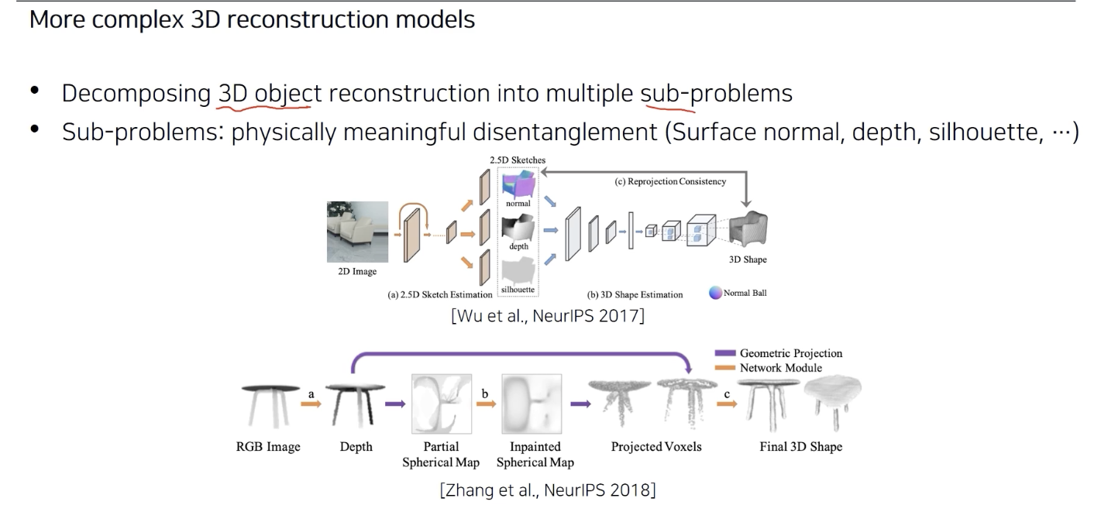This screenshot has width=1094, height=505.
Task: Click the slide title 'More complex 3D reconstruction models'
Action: pos(252,19)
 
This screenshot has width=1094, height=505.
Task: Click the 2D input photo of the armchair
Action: pos(357,232)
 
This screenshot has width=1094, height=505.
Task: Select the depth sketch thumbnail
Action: pos(518,229)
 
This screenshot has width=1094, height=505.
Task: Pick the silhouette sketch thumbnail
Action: pos(518,273)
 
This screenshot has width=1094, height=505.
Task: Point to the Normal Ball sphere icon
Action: pos(714,294)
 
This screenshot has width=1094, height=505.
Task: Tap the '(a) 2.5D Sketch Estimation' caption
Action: pos(440,294)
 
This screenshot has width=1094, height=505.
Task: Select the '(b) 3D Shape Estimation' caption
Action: pos(635,294)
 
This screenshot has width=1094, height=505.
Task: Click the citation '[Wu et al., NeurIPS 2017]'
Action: pos(547,316)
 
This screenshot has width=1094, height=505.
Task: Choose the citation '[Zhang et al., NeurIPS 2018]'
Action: pos(547,490)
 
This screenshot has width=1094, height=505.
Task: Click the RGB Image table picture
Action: pos(268,405)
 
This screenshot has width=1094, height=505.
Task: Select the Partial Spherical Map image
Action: pos(440,405)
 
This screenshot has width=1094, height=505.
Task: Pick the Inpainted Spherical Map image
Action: pos(535,405)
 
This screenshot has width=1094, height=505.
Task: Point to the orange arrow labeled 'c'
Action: pos(726,404)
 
